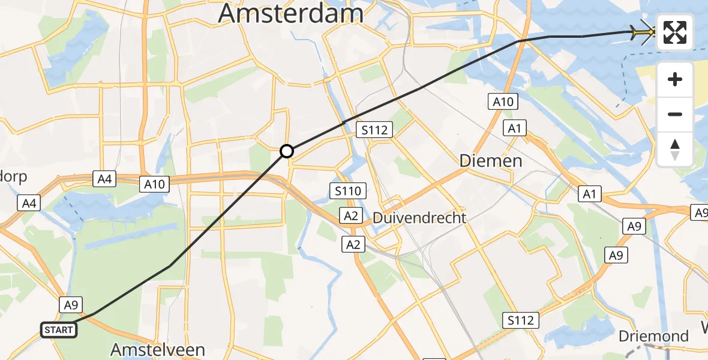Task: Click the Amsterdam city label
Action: (x=291, y=13)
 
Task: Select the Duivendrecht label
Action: (x=419, y=218)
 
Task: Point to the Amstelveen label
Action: (x=158, y=349)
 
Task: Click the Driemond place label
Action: (x=654, y=336)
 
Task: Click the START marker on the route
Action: (x=59, y=329)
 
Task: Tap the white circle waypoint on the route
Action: (x=287, y=151)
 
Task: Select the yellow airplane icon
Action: (x=643, y=32)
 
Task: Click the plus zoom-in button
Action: (x=675, y=79)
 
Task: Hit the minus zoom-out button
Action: (x=675, y=114)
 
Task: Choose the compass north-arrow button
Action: (x=675, y=149)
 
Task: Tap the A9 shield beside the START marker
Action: (x=71, y=305)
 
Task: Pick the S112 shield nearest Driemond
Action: (x=520, y=320)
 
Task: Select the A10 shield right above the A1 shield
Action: (x=503, y=102)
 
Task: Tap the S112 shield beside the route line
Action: (x=374, y=130)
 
